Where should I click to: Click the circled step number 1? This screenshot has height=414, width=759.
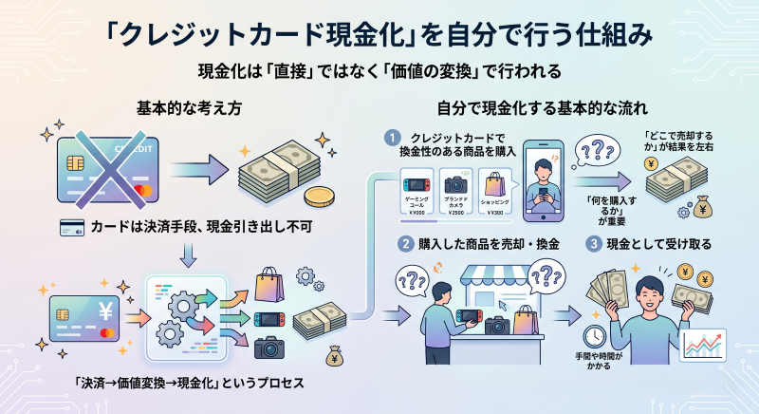tap(387, 136)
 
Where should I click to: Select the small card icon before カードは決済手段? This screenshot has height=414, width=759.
tap(69, 227)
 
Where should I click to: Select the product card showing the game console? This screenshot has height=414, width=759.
tap(415, 192)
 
